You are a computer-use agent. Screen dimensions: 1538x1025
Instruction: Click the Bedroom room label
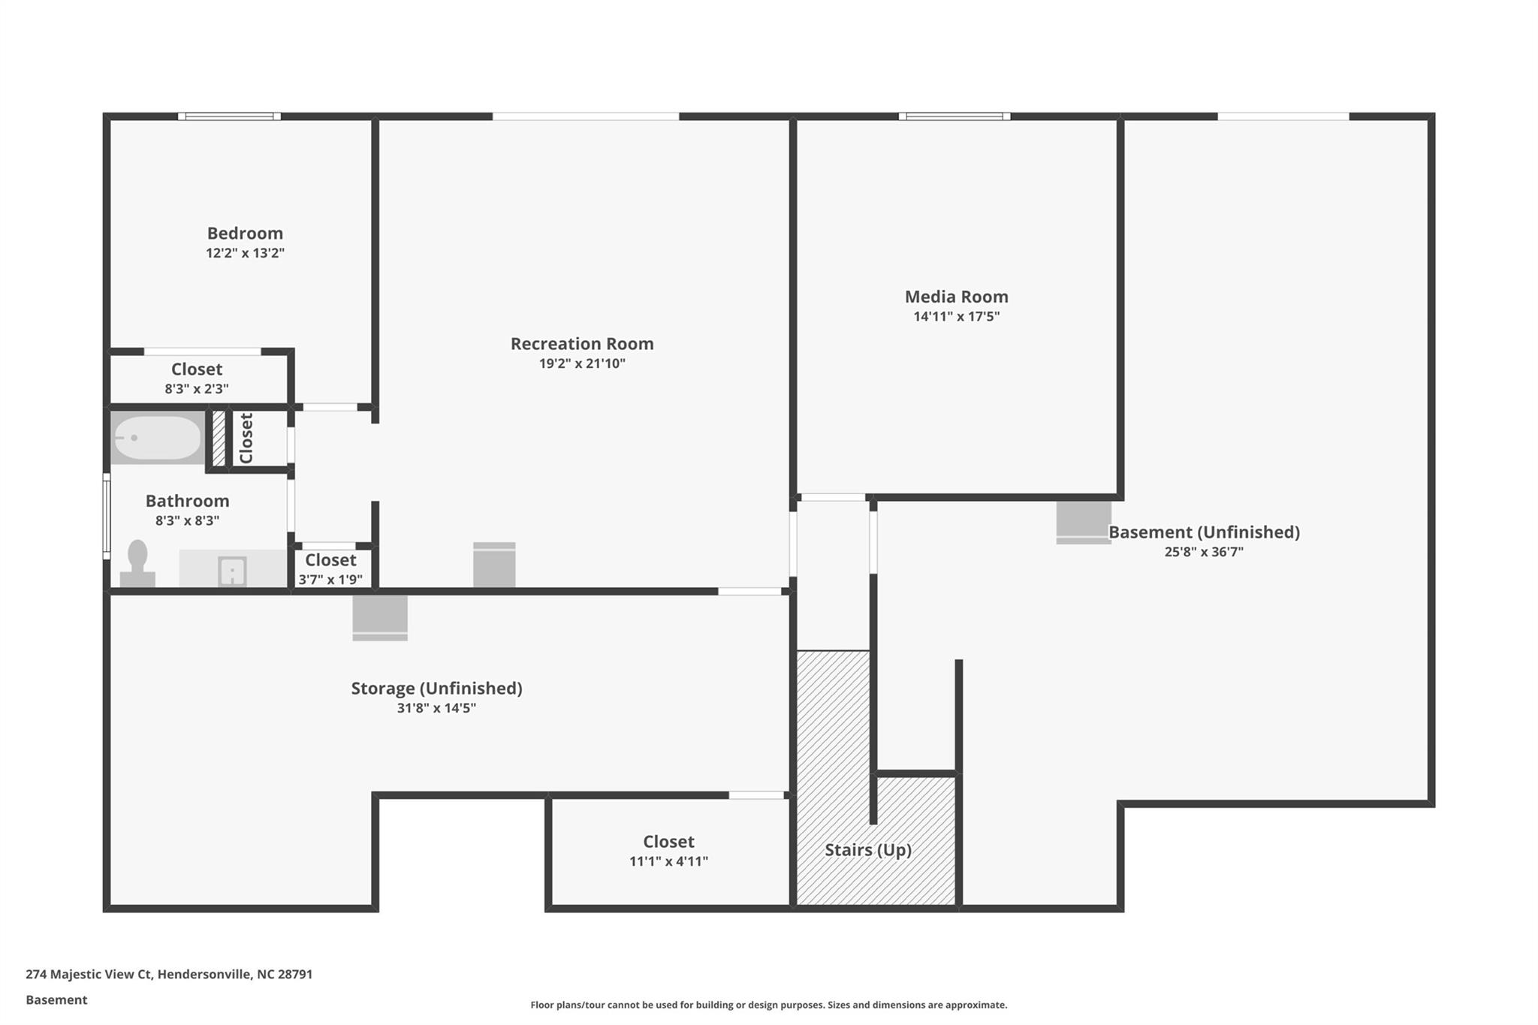pyautogui.click(x=245, y=234)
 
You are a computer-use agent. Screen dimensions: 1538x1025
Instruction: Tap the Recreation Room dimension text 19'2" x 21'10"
pyautogui.click(x=582, y=363)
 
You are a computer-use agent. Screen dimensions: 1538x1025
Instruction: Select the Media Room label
pyautogui.click(x=956, y=297)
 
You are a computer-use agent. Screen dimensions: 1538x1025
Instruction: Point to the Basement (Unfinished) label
pyautogui.click(x=1204, y=532)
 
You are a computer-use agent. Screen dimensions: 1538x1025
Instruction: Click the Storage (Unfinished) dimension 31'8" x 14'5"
pyautogui.click(x=436, y=708)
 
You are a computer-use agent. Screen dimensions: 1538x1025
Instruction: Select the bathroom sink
pyautogui.click(x=232, y=571)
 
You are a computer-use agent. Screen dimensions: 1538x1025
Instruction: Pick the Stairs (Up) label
pyautogui.click(x=868, y=850)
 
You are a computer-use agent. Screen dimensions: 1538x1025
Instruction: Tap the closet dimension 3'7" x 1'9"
pyautogui.click(x=330, y=580)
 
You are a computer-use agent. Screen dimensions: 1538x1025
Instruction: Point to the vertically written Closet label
pyautogui.click(x=246, y=439)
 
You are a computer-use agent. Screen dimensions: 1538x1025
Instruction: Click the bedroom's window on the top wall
pyautogui.click(x=229, y=116)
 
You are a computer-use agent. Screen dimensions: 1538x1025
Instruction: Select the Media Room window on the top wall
pyautogui.click(x=954, y=116)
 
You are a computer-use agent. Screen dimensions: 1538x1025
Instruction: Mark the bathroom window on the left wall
pyautogui.click(x=107, y=517)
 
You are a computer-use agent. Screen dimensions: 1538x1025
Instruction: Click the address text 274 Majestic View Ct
pyautogui.click(x=89, y=975)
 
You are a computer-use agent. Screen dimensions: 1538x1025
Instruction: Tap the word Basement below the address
pyautogui.click(x=56, y=1000)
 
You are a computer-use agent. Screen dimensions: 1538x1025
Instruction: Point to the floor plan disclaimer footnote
pyautogui.click(x=769, y=1005)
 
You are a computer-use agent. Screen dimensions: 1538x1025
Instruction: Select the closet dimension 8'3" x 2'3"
pyautogui.click(x=197, y=389)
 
